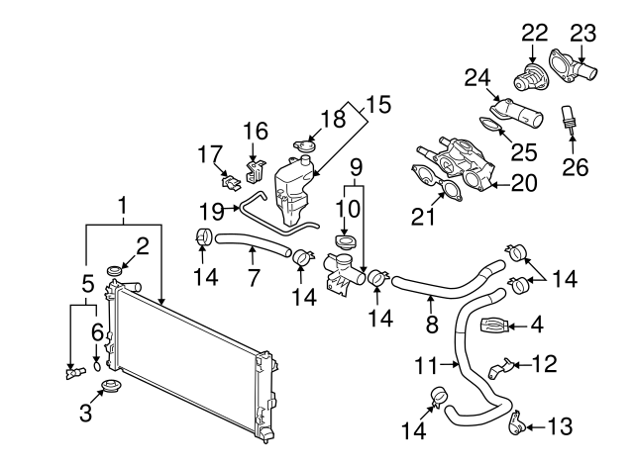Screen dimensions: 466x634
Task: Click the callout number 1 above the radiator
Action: [x=124, y=207]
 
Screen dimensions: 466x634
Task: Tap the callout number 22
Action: [x=535, y=33]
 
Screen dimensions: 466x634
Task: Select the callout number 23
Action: [x=584, y=33]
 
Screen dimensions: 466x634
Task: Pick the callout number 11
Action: [x=425, y=365]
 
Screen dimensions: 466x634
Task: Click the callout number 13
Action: [x=560, y=426]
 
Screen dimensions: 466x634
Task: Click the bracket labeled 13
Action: [x=515, y=425]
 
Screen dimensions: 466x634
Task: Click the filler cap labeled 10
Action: [x=346, y=243]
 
